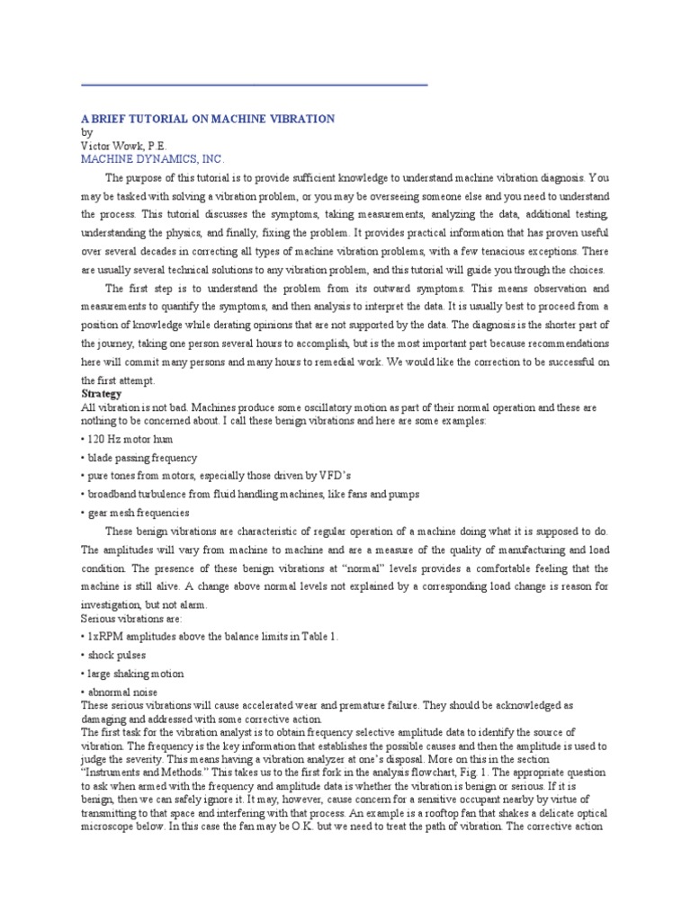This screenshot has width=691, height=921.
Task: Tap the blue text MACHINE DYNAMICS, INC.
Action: tap(148, 158)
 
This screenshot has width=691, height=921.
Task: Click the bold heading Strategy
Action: tap(101, 394)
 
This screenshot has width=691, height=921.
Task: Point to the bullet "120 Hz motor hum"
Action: tap(126, 439)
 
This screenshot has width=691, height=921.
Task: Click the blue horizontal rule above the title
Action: tap(254, 85)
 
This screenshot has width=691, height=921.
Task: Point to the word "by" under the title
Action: tap(86, 131)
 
